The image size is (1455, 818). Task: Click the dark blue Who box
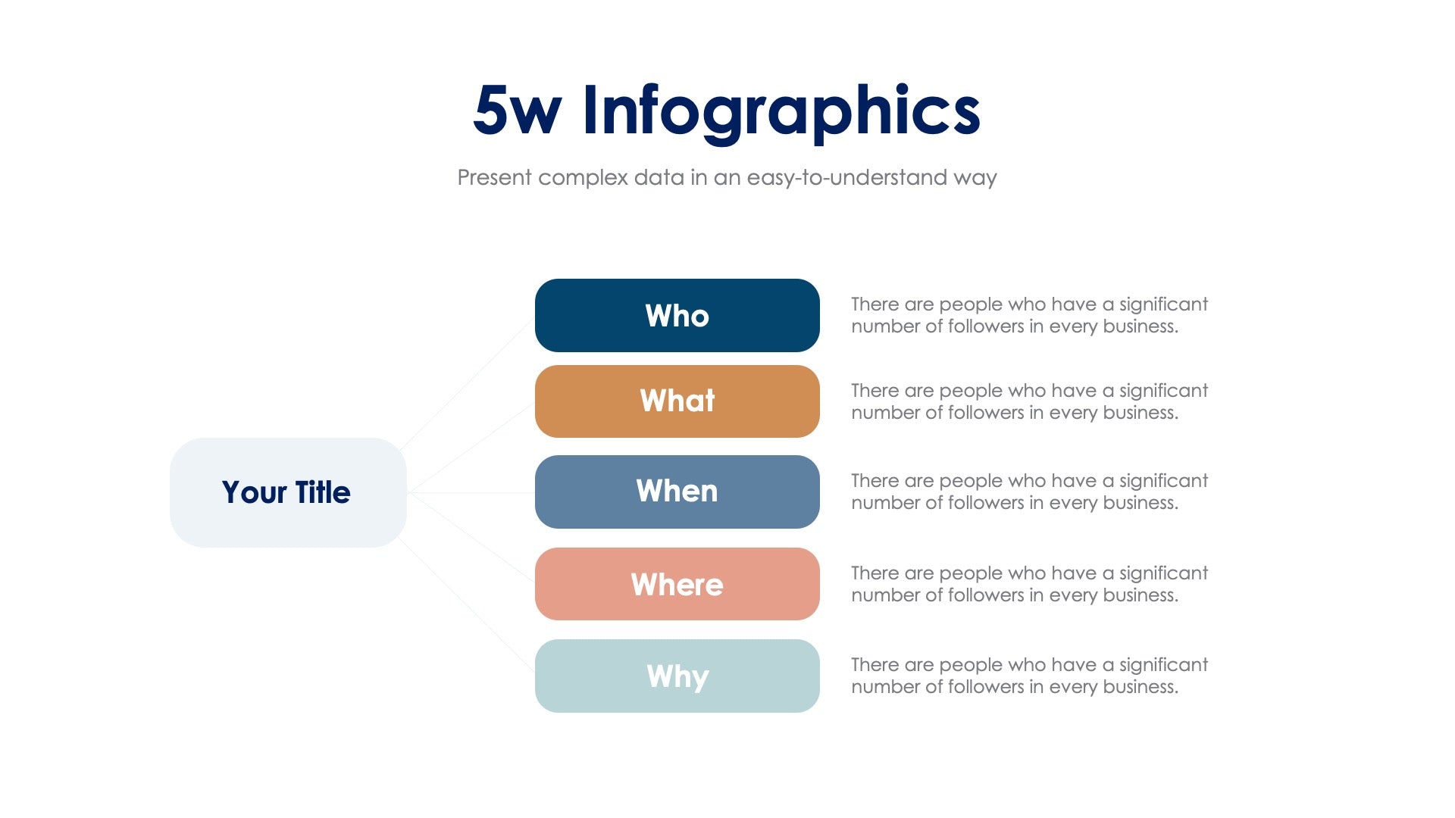point(677,315)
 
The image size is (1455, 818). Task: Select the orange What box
point(677,401)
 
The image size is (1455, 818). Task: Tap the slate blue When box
point(677,492)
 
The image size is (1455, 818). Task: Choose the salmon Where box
point(677,584)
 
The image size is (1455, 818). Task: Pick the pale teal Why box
point(677,676)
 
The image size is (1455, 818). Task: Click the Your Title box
point(288,492)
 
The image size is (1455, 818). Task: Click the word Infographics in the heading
point(781,111)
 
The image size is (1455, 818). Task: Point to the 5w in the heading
point(517,111)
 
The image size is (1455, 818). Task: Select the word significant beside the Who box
point(1163,304)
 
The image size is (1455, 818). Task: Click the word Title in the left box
point(322,492)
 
